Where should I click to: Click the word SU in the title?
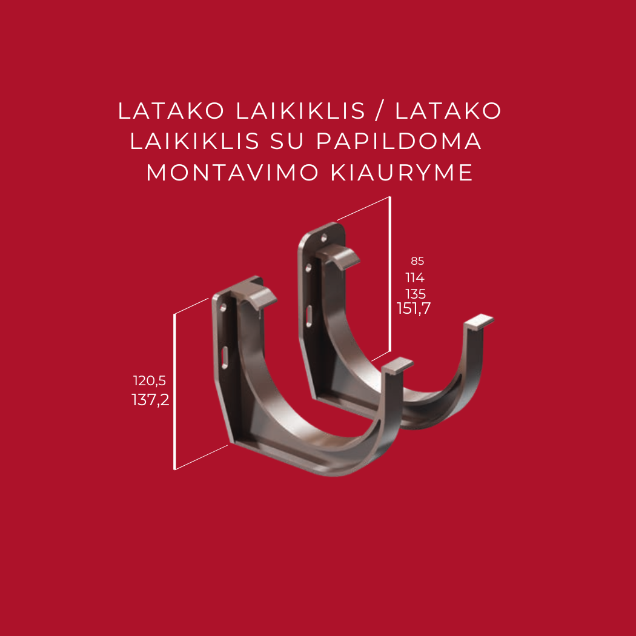288,142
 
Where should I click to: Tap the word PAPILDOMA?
399,142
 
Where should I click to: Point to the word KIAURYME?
401,173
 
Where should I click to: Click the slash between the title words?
380,111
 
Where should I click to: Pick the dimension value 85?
417,262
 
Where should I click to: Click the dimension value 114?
415,278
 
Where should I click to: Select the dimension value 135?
416,294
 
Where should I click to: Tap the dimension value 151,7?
414,309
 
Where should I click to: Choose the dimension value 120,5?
150,381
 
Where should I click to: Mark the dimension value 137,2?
150,400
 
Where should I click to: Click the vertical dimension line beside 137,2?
174,391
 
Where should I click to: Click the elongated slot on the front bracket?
225,357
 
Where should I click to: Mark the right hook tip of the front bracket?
400,365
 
